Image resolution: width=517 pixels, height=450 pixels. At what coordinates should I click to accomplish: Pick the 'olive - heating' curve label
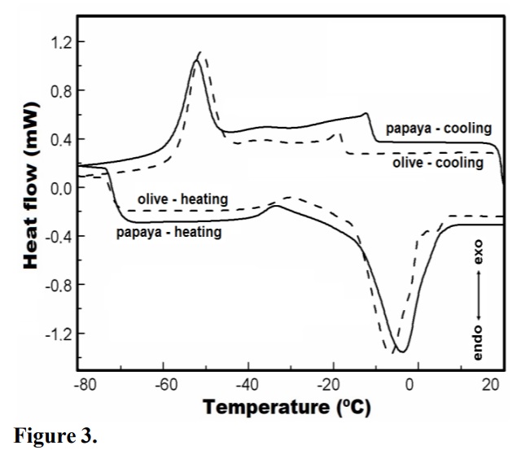(182, 199)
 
